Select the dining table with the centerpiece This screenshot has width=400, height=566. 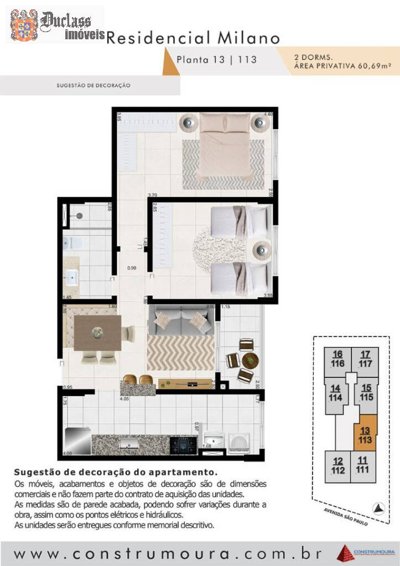coord(98,333)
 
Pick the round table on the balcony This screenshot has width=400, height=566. coord(250,361)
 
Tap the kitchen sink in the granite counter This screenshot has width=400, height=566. coord(129,443)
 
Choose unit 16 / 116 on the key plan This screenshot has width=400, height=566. coord(338,359)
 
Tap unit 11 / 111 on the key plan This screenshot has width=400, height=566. coord(362,465)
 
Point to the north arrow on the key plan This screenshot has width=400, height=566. coord(378,507)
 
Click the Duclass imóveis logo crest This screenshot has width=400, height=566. coord(24,25)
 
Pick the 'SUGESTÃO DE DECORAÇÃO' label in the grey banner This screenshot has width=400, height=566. coord(93,86)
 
